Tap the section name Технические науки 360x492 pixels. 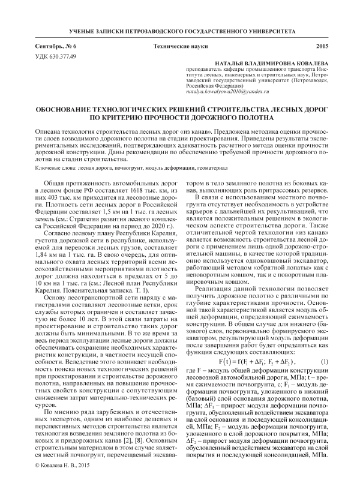pos(179,46)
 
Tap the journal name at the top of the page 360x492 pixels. pos(179,29)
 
